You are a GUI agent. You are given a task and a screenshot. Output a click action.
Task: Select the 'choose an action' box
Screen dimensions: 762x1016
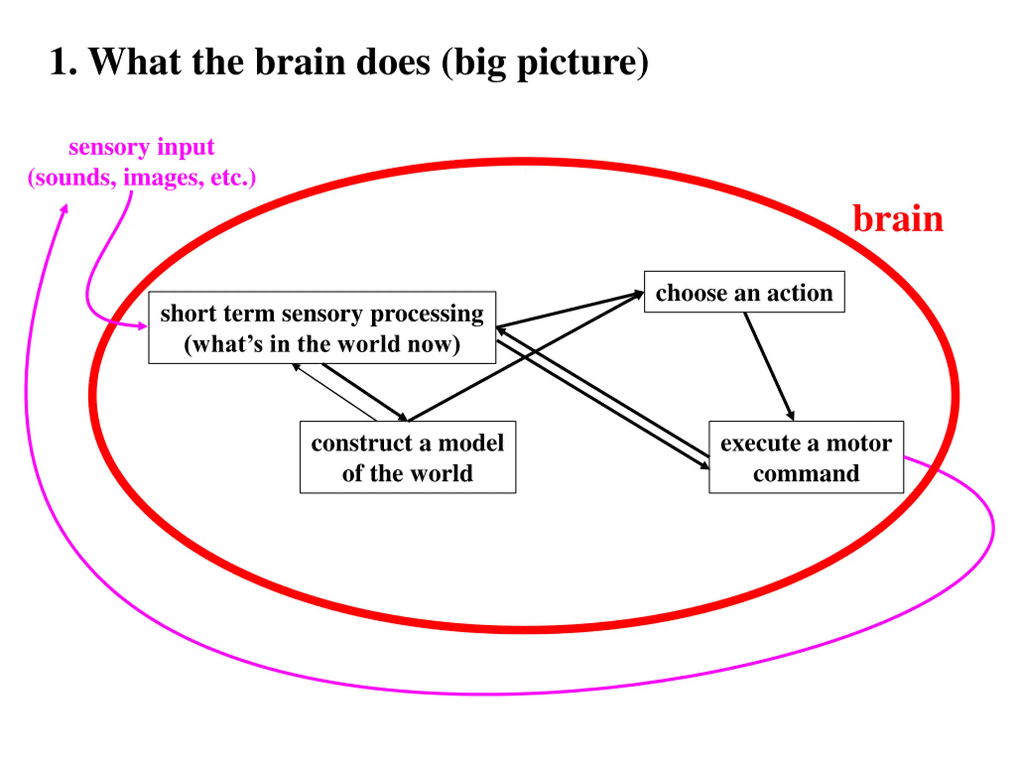pos(744,292)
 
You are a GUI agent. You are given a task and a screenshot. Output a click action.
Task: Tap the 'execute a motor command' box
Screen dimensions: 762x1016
pos(806,458)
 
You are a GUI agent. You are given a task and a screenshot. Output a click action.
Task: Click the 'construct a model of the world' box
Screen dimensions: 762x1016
pos(408,458)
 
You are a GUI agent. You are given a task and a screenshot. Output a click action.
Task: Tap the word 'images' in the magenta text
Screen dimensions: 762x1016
pos(164,178)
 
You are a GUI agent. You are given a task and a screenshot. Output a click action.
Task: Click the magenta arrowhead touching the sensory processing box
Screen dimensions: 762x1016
pos(142,326)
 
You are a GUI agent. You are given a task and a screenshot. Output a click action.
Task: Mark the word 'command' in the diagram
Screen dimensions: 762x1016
pos(806,473)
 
